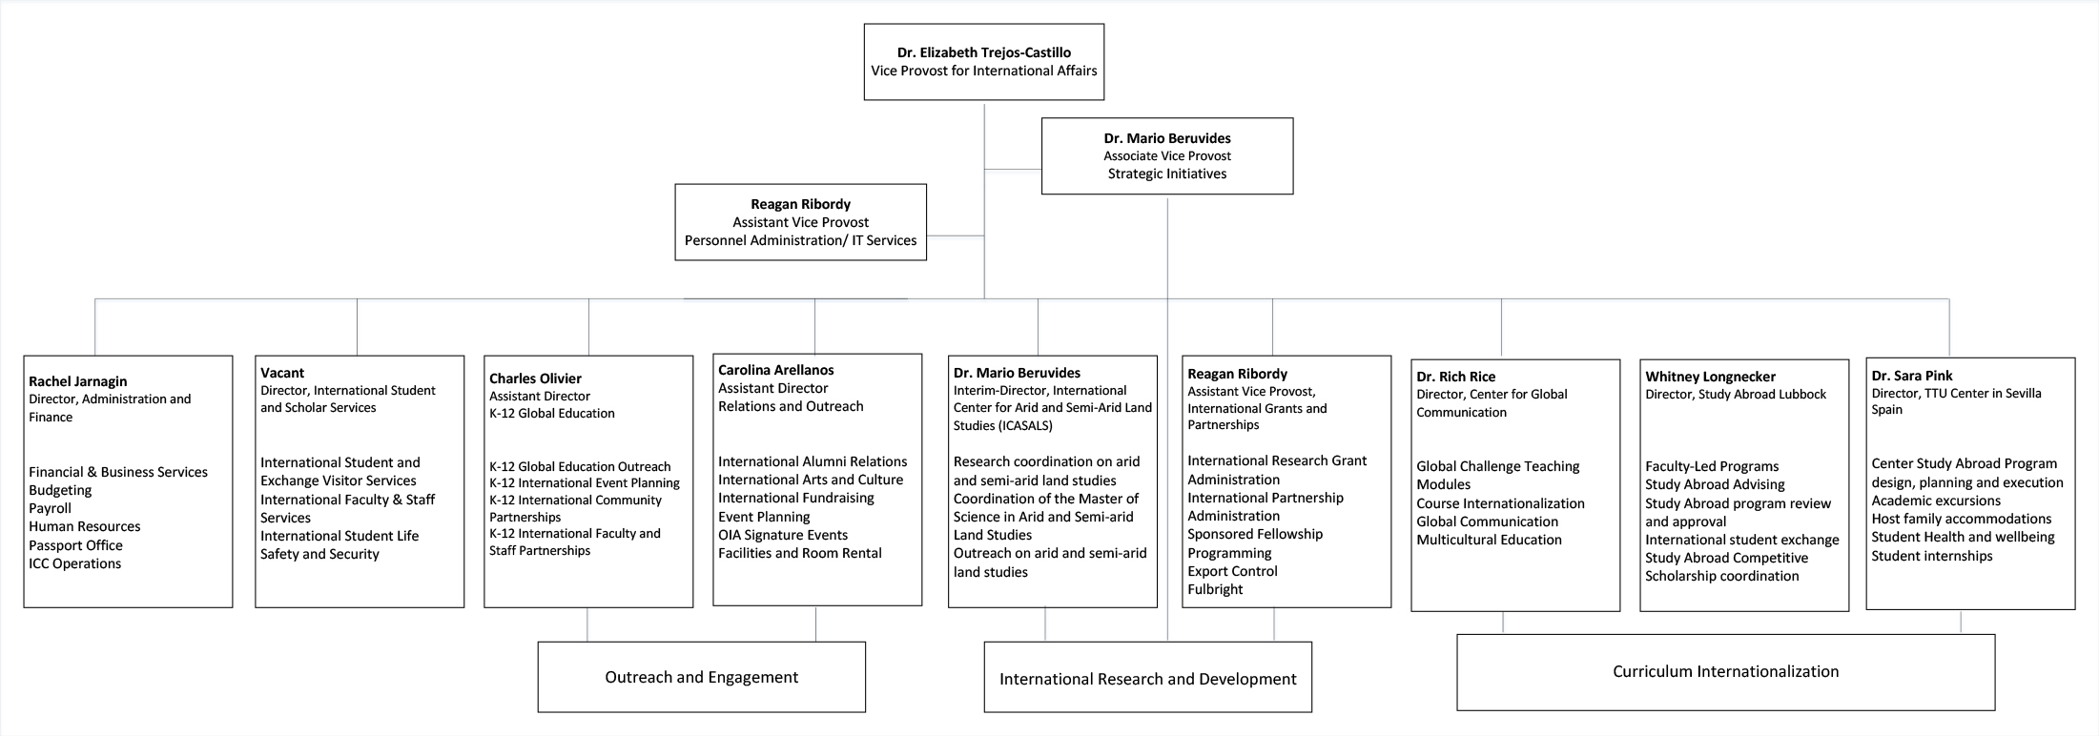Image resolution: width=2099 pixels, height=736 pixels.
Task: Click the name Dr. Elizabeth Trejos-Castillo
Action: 983,52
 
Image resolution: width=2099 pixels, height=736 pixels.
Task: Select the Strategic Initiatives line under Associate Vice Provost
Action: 1166,174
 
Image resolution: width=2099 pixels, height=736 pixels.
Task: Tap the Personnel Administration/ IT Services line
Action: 800,240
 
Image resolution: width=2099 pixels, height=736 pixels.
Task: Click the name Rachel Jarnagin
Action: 77,381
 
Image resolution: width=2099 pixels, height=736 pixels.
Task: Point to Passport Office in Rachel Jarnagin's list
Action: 75,545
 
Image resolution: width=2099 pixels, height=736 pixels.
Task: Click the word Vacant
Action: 282,373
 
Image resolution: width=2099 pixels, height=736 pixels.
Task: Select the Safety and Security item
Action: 319,554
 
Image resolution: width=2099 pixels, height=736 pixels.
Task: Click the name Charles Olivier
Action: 535,378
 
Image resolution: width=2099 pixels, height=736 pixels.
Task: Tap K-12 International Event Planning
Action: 584,483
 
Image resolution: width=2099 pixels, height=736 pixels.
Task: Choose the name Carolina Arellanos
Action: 775,370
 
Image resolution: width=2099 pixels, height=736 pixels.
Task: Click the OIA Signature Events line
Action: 782,535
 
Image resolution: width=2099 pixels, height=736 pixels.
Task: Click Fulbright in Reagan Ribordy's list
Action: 1214,589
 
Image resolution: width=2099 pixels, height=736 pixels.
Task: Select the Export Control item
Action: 1232,571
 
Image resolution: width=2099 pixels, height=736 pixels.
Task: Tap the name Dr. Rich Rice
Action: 1455,377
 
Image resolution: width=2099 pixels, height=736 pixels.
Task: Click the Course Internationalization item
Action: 1500,503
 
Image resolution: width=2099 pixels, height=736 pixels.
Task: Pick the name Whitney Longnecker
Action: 1710,377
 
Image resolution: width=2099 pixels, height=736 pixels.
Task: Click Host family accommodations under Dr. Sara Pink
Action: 1961,519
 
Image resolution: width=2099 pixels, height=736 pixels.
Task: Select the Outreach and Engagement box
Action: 701,677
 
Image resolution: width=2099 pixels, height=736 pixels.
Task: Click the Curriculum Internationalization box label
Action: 1725,671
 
